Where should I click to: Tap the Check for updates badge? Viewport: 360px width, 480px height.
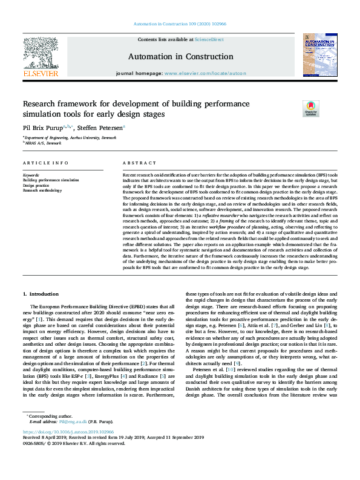[311, 108]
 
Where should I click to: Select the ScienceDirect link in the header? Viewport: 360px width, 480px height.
[209, 39]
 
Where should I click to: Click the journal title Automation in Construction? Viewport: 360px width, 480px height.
[180, 56]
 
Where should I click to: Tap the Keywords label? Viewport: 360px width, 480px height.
[31, 175]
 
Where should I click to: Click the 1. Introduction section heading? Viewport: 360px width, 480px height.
[41, 294]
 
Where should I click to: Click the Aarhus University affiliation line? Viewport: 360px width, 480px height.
[69, 138]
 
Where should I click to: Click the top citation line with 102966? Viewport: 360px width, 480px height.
[180, 24]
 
